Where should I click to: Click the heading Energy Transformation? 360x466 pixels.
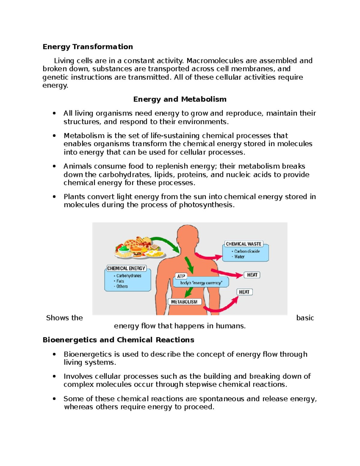(88, 47)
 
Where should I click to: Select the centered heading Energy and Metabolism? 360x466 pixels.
(180, 99)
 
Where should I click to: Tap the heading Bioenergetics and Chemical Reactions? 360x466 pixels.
(118, 340)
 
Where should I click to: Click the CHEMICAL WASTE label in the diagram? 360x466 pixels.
(243, 244)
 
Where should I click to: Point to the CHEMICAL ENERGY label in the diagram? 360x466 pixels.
(126, 268)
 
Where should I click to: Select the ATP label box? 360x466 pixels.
(181, 276)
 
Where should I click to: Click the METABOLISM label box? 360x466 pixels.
(184, 302)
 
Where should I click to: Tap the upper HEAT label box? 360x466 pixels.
(252, 275)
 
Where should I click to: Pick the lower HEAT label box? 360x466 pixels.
(244, 292)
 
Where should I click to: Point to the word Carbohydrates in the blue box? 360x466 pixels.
(129, 276)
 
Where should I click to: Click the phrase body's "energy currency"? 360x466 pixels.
(201, 283)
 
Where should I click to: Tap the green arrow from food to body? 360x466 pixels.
(166, 242)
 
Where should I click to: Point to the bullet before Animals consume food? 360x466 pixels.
(54, 166)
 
